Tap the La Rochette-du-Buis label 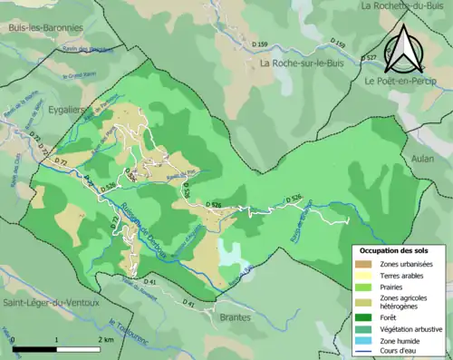tap(403, 5)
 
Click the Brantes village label tap(236, 317)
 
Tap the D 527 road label tap(369, 58)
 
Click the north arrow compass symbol tap(409, 50)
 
